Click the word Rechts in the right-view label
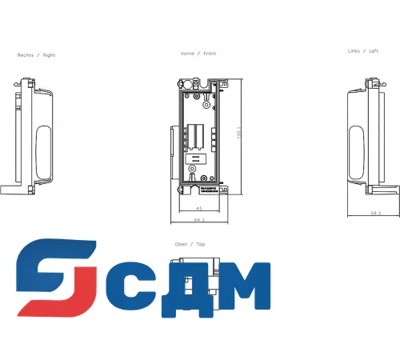(26, 55)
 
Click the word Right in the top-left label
(49, 55)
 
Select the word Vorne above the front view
(188, 54)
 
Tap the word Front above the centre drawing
(210, 54)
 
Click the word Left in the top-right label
(374, 51)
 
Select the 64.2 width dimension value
(199, 219)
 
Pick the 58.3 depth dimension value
(374, 213)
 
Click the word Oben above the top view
(182, 244)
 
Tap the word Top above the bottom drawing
(200, 244)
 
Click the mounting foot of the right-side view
(12, 190)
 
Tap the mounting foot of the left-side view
(389, 190)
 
